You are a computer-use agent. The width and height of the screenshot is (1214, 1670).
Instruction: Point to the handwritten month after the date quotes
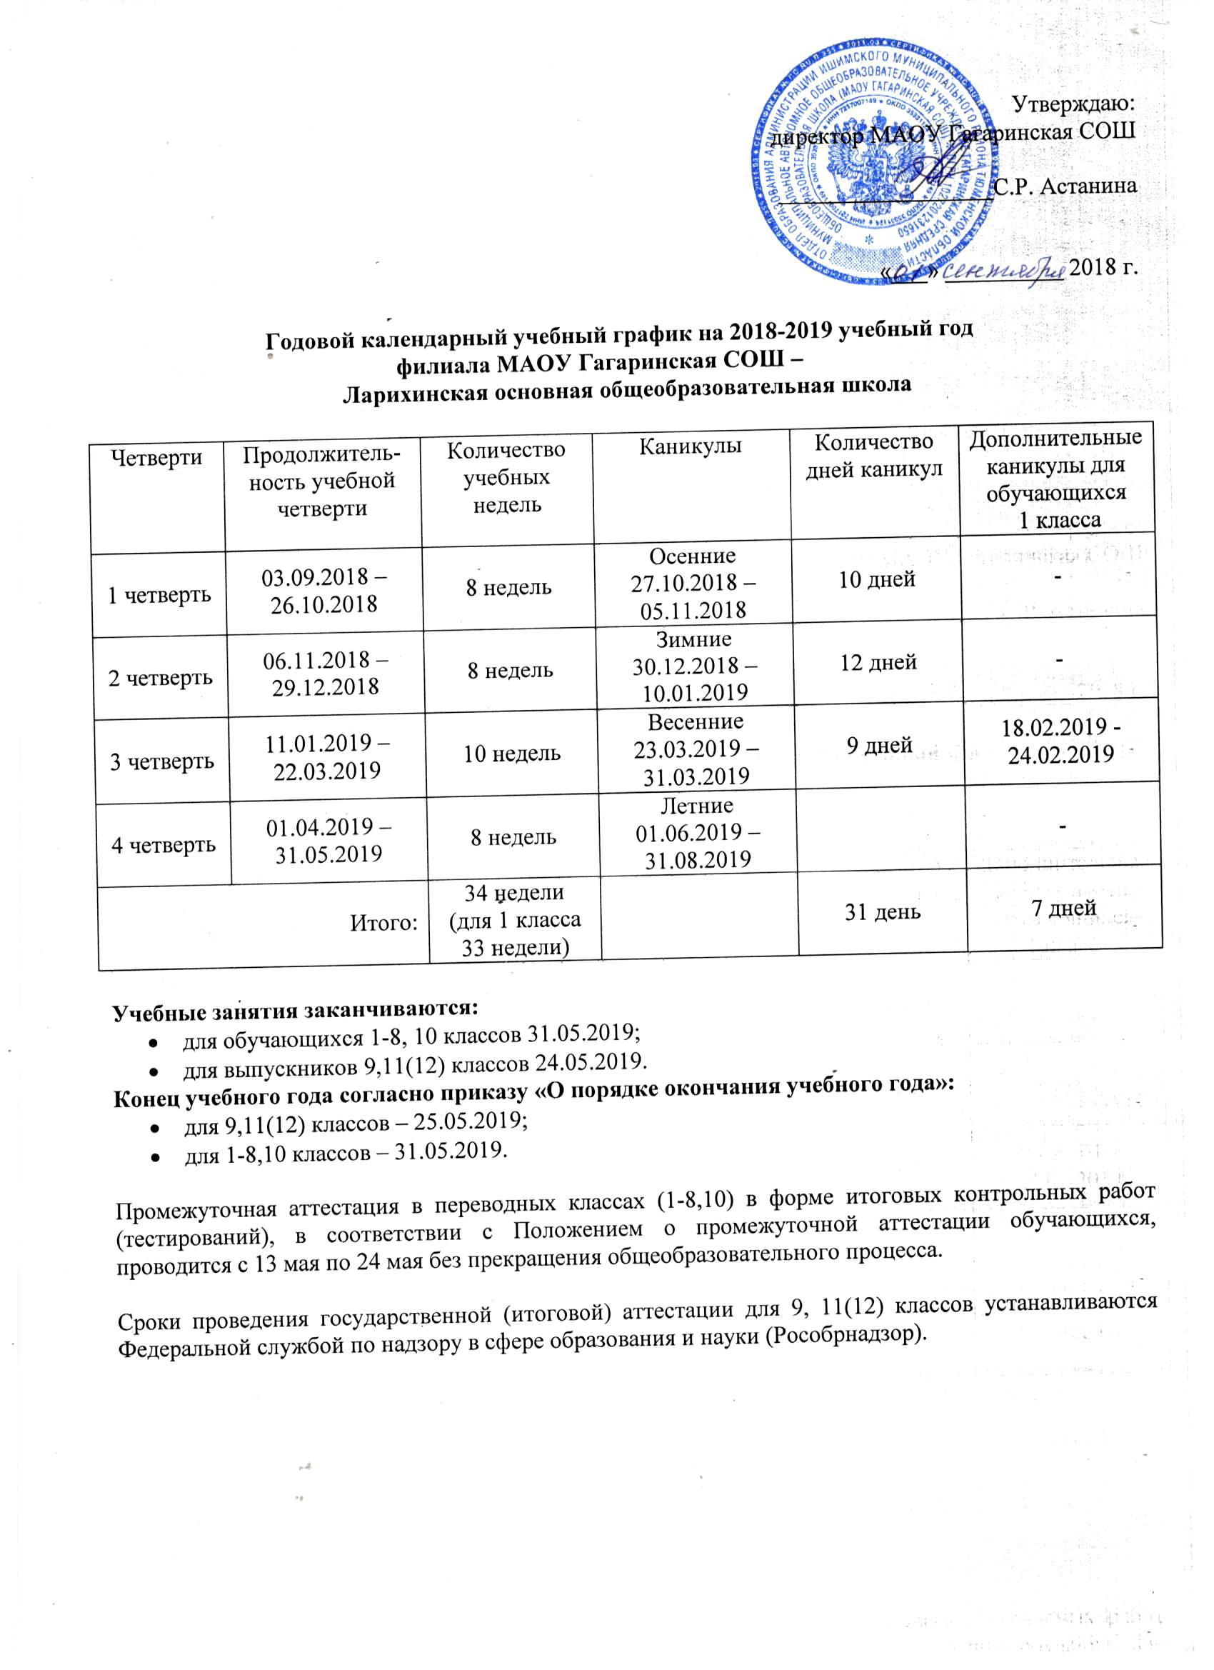tap(1004, 271)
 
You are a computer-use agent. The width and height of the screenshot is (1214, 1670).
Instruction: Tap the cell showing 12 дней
tap(878, 662)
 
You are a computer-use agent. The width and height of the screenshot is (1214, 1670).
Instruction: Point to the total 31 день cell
tap(882, 911)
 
